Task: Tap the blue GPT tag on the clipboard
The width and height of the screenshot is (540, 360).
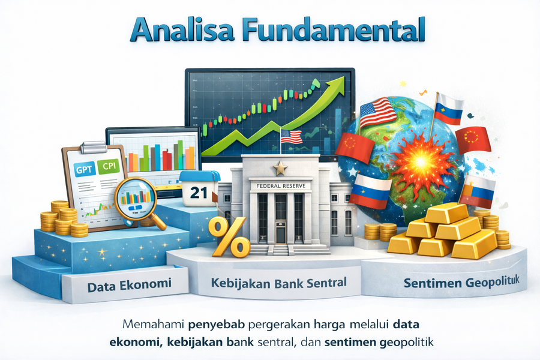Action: pyautogui.click(x=85, y=169)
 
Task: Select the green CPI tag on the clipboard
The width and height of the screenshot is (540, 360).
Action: pyautogui.click(x=109, y=166)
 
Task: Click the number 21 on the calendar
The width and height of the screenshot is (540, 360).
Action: pyautogui.click(x=199, y=193)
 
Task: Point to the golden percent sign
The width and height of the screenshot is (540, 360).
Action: pyautogui.click(x=230, y=237)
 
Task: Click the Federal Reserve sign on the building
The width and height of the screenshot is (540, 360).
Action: pyautogui.click(x=281, y=185)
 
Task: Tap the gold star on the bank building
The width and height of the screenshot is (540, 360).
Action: pyautogui.click(x=280, y=168)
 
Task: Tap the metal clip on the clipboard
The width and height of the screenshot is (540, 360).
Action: pyautogui.click(x=93, y=147)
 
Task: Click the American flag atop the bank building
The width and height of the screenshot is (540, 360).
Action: pyautogui.click(x=292, y=136)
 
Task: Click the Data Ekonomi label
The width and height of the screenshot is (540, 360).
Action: pyautogui.click(x=129, y=285)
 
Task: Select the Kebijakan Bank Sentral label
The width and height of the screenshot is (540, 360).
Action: pyautogui.click(x=278, y=283)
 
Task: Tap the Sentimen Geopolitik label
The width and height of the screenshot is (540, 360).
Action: pyautogui.click(x=461, y=283)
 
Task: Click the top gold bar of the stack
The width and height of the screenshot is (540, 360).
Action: pyautogui.click(x=446, y=212)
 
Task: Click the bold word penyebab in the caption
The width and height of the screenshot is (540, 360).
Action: pyautogui.click(x=217, y=325)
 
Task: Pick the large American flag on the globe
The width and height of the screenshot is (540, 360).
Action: pyautogui.click(x=377, y=113)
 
